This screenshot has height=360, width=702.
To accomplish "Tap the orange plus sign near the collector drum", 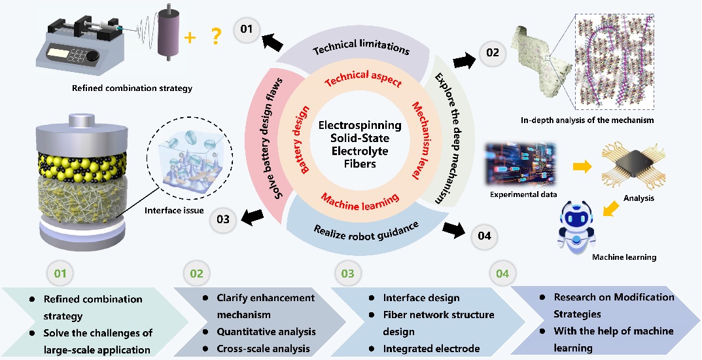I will (x=190, y=39).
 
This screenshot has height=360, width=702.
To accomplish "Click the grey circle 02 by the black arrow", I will (x=493, y=53).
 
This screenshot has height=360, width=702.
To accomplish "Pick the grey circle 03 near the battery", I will (x=222, y=220).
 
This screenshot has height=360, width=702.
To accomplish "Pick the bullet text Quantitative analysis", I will (x=266, y=331).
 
